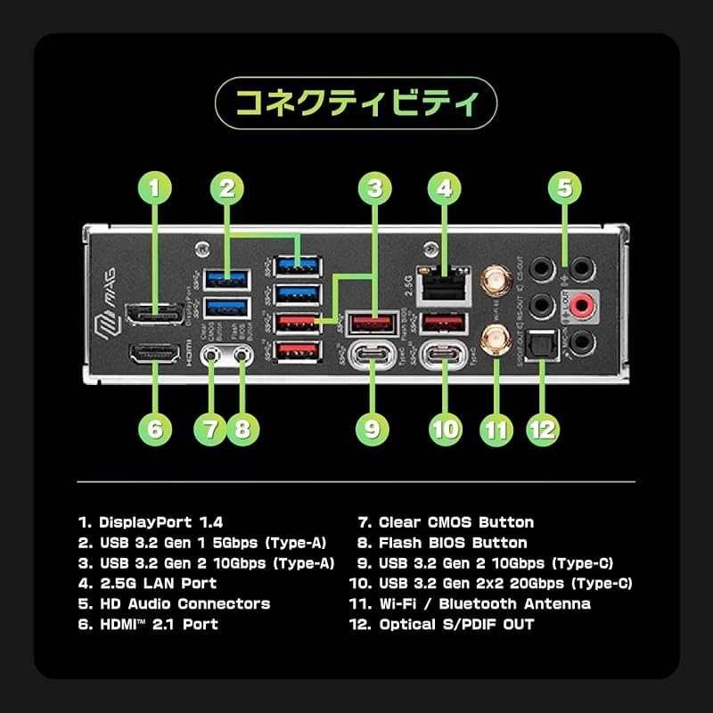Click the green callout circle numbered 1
tap(156, 188)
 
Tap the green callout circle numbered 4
tap(444, 188)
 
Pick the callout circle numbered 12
tap(542, 429)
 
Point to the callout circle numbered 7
tap(210, 429)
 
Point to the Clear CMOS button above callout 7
tap(211, 354)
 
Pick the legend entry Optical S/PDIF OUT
tap(456, 625)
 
